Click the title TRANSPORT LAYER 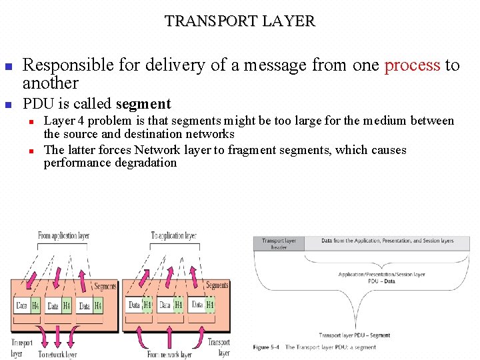[x=240, y=21]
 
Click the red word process [x=412, y=65]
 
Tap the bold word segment [x=143, y=104]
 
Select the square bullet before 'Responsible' [x=8, y=67]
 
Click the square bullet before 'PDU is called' [x=8, y=105]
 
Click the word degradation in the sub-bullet [x=143, y=163]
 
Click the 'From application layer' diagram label [x=63, y=236]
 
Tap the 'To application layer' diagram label [x=173, y=236]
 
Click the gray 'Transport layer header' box [x=279, y=243]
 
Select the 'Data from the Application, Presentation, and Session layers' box [x=387, y=241]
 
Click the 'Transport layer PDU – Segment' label [x=355, y=335]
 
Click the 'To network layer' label [x=57, y=355]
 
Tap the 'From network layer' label [x=169, y=355]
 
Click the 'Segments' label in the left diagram [x=105, y=286]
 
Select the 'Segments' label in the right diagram [x=217, y=285]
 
